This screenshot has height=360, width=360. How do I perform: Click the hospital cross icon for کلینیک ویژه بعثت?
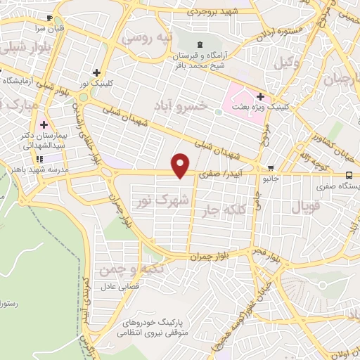click(x=260, y=96)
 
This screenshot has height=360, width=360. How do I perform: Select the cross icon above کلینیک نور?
click(x=96, y=72)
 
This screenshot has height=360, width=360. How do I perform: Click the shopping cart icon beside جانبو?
click(x=271, y=168)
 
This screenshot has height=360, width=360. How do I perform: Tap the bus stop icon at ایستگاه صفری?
click(x=349, y=174)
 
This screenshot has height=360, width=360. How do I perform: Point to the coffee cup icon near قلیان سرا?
click(x=49, y=19)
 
